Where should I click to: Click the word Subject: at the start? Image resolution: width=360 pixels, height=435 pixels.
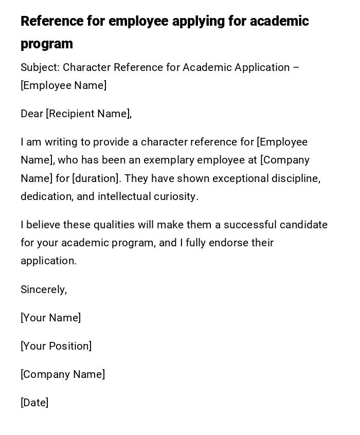click(40, 67)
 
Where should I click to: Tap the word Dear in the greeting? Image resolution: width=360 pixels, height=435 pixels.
click(32, 114)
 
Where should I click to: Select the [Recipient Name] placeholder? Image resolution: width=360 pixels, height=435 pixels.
click(88, 114)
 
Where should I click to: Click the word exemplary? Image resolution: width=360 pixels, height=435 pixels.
click(167, 160)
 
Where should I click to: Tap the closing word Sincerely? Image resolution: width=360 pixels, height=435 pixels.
click(44, 289)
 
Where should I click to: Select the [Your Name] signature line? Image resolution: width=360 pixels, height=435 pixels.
click(51, 318)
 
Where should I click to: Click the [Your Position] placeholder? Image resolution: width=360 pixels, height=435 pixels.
click(56, 346)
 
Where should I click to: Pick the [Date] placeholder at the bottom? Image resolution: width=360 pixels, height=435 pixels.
click(34, 403)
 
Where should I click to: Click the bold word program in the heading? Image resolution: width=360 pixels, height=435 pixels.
click(47, 44)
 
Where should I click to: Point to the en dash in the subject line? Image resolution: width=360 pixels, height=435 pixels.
click(296, 67)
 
